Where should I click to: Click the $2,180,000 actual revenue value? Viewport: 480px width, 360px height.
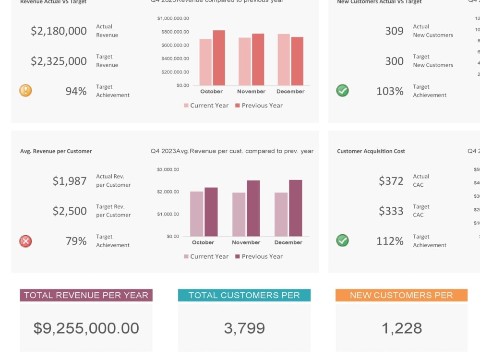(59, 31)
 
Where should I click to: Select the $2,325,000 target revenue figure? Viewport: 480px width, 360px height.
(59, 61)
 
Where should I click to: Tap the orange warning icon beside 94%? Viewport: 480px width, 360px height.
(25, 90)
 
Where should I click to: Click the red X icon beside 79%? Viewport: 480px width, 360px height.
(25, 241)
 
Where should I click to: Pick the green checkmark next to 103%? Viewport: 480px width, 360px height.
(342, 90)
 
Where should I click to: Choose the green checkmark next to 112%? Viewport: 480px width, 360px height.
(342, 240)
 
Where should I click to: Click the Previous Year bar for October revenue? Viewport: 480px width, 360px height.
(219, 58)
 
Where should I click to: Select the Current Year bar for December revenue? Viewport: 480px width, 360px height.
(284, 60)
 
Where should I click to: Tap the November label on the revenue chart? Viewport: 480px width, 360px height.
(251, 91)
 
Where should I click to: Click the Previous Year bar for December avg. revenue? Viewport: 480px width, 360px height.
(296, 208)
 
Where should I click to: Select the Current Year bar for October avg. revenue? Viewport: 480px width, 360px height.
(197, 214)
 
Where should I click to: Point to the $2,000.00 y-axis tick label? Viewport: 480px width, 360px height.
(168, 192)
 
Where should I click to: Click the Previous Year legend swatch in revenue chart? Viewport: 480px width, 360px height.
(237, 106)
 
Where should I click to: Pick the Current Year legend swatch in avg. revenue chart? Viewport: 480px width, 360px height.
(186, 257)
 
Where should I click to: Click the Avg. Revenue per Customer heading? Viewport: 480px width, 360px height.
(56, 151)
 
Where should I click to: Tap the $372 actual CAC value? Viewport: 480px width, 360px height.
(391, 181)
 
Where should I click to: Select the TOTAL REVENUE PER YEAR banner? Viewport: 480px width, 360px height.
(86, 295)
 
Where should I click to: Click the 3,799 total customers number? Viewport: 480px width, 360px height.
(244, 328)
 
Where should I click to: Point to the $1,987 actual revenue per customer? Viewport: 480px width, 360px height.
(70, 181)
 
